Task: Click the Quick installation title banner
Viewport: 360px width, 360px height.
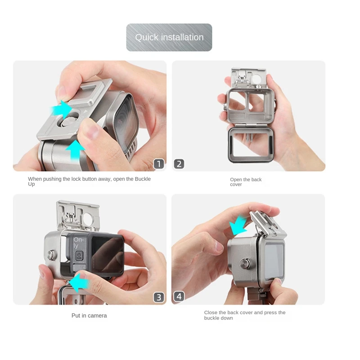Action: (169, 37)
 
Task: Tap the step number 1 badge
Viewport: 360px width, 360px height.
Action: (159, 164)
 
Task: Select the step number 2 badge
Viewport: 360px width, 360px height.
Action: (179, 164)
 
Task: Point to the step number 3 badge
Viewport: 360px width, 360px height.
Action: (159, 297)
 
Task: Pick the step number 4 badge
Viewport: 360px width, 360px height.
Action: (179, 297)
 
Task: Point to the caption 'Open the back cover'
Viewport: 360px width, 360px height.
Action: (245, 182)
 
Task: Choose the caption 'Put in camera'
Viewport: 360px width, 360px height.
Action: (89, 315)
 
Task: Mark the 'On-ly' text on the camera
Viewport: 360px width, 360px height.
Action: (79, 243)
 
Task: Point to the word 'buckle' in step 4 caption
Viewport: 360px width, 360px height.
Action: (213, 318)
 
